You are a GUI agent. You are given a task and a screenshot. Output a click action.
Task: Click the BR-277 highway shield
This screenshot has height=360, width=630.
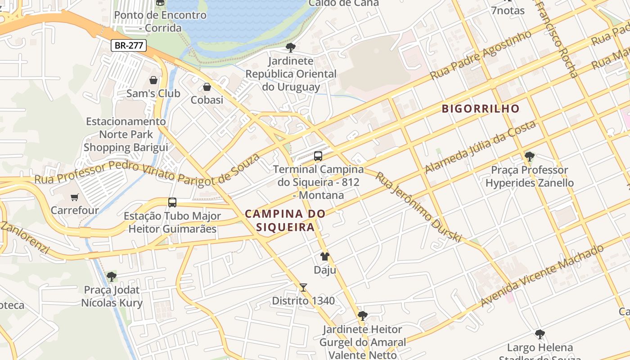pyautogui.click(x=129, y=45)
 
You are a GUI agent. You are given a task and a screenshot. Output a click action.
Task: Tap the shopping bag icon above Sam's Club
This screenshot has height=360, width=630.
pyautogui.click(x=153, y=81)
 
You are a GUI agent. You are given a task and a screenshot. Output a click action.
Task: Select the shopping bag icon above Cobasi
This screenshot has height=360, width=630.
pyautogui.click(x=207, y=86)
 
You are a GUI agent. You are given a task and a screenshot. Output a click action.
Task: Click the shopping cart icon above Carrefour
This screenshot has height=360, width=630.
pyautogui.click(x=75, y=197)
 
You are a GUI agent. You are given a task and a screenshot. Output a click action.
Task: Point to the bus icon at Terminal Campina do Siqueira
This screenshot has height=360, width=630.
pyautogui.click(x=318, y=156)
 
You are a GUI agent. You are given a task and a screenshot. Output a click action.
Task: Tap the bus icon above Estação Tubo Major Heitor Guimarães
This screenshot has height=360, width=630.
pyautogui.click(x=172, y=202)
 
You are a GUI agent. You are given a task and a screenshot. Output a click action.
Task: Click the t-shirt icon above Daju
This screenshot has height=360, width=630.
pyautogui.click(x=325, y=256)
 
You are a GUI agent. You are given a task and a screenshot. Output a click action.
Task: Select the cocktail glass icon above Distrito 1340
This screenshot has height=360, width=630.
pyautogui.click(x=303, y=288)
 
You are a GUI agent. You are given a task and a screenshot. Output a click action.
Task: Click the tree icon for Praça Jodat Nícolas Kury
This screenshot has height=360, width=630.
pyautogui.click(x=112, y=277)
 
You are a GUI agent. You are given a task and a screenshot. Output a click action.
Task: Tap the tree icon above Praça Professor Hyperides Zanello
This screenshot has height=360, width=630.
pyautogui.click(x=530, y=157)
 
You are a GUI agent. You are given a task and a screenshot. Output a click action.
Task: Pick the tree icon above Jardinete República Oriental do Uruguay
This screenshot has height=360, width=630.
pyautogui.click(x=291, y=47)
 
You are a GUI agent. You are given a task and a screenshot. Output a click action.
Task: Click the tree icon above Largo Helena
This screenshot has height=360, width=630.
pyautogui.click(x=540, y=334)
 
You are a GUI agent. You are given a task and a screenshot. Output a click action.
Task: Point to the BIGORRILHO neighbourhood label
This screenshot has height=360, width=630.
pyautogui.click(x=481, y=108)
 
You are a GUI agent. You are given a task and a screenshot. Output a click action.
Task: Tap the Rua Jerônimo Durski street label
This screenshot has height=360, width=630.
pyautogui.click(x=418, y=207)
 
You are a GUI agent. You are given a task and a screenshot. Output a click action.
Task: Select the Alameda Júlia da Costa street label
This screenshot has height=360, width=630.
pyautogui.click(x=480, y=147)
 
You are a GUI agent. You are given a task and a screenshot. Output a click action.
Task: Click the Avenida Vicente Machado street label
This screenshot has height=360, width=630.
pyautogui.click(x=542, y=275)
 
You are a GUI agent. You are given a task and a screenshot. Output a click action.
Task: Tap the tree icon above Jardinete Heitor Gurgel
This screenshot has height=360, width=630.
pyautogui.click(x=362, y=316)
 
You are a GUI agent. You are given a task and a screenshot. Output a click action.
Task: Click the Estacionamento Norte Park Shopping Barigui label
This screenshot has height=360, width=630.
pyautogui.click(x=126, y=134)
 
